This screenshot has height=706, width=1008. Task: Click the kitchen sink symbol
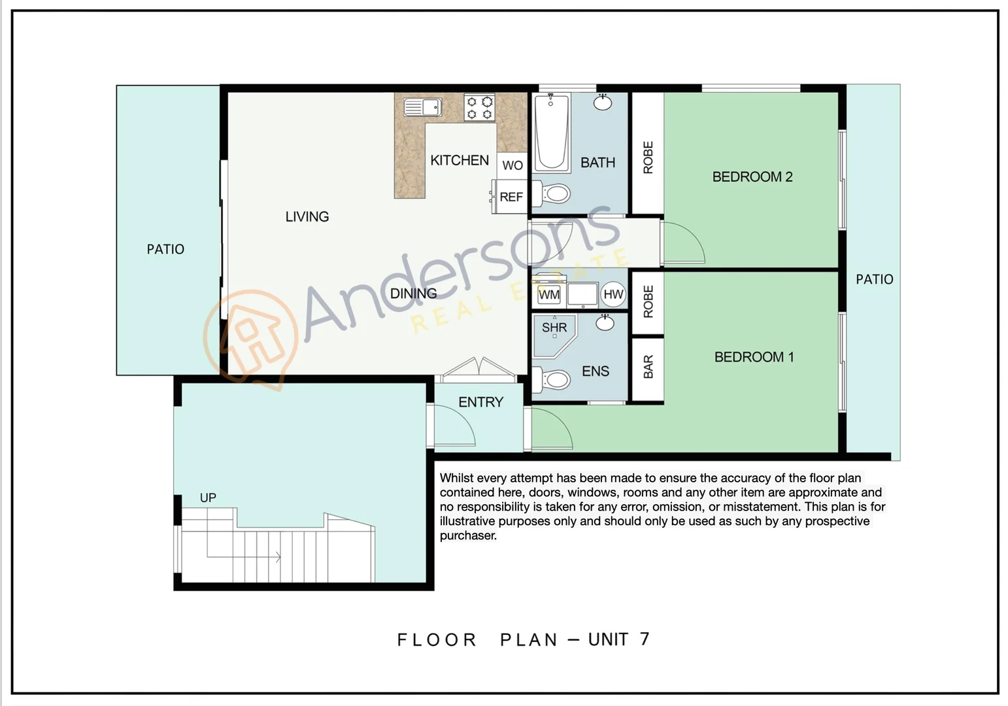422,107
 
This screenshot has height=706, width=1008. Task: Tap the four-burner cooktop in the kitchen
479,108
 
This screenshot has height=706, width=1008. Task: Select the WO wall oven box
512,165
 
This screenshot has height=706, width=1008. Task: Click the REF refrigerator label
511,197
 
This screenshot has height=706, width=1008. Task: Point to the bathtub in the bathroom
551,132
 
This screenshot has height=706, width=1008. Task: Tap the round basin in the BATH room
603,102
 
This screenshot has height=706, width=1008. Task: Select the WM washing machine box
549,295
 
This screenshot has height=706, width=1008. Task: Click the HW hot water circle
613,295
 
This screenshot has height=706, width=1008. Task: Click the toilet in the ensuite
554,379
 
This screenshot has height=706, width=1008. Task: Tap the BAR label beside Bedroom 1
648,367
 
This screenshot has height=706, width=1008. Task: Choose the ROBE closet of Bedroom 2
648,157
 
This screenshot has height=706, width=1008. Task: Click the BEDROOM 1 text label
754,357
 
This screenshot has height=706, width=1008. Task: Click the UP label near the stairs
208,498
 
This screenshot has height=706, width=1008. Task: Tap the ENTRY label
480,402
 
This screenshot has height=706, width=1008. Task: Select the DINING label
413,294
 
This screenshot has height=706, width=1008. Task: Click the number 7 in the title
645,639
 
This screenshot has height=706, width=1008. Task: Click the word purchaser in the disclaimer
468,535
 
